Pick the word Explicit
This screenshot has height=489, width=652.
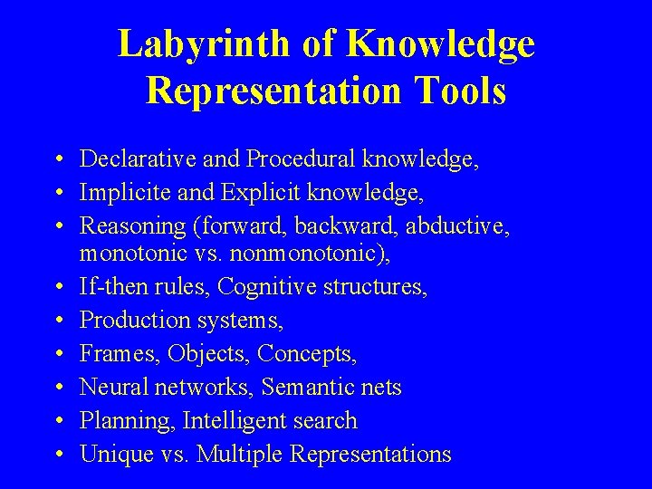click(x=245, y=193)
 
